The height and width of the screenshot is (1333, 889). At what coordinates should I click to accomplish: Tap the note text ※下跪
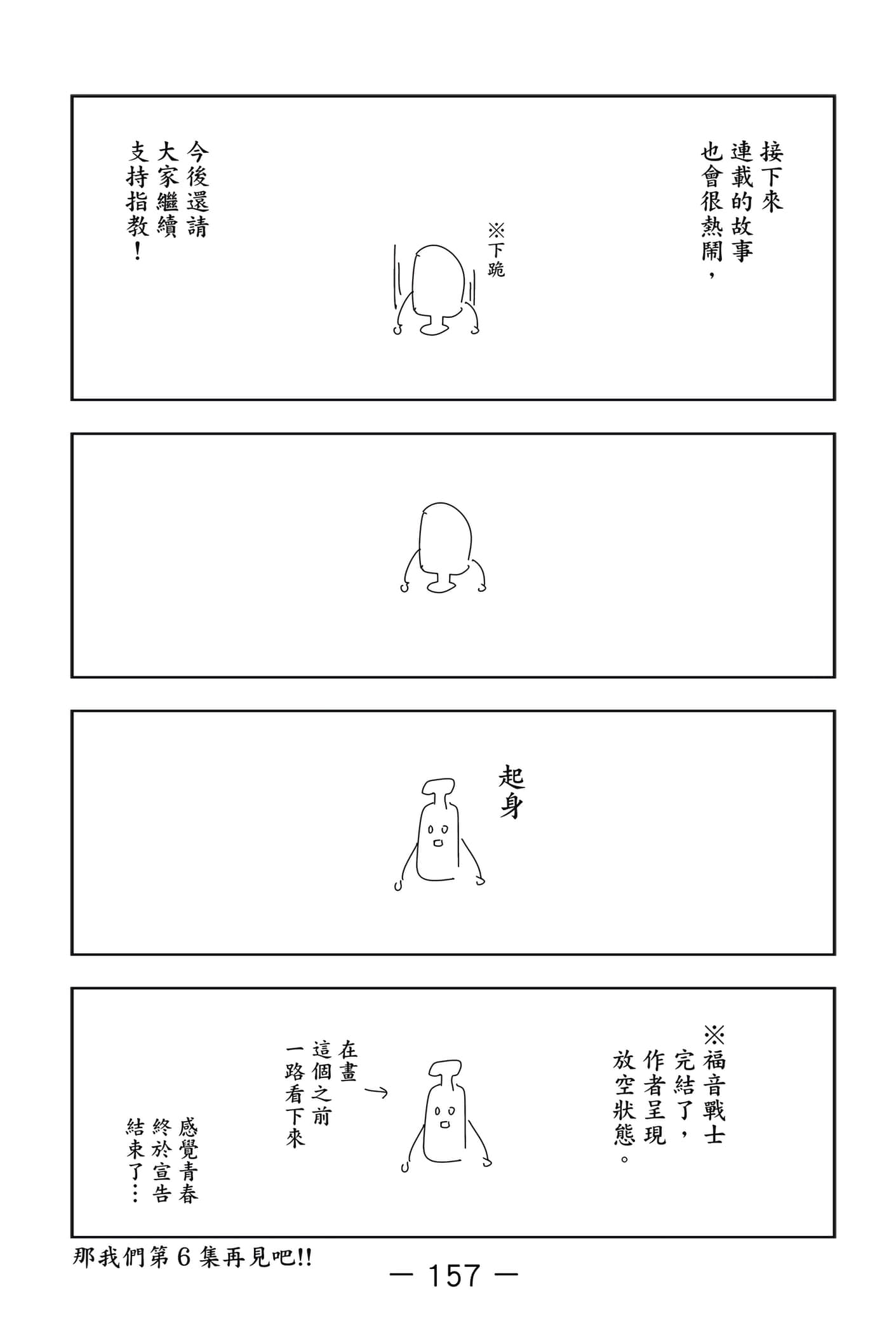[x=496, y=249]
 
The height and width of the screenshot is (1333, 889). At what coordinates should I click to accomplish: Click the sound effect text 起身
[x=511, y=793]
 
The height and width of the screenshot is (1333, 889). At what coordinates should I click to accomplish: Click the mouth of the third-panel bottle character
[x=438, y=844]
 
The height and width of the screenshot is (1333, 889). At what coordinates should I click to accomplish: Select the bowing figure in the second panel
[x=443, y=547]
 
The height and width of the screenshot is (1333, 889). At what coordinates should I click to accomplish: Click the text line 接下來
[x=772, y=176]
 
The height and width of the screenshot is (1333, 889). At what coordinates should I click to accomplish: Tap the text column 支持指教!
[x=138, y=200]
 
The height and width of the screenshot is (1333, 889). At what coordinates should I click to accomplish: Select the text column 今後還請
[x=197, y=189]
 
